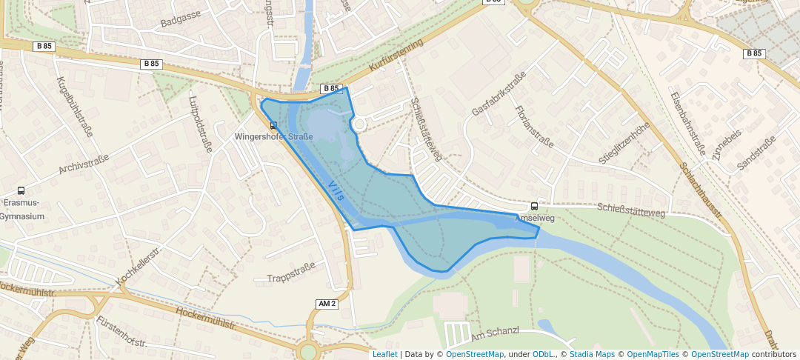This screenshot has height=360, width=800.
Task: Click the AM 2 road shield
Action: pos(327,304)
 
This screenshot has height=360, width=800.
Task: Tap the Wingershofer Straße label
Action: pos(273,136)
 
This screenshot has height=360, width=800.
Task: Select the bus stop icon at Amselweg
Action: pos(534,207)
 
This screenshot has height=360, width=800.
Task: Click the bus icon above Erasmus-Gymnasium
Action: pos(21,190)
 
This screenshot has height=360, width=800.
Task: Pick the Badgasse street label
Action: pos(181,19)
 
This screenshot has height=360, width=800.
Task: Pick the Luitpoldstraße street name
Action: pos(201,123)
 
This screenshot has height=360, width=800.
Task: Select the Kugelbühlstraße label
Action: pos(74,106)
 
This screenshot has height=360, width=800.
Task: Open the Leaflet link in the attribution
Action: pos(384,354)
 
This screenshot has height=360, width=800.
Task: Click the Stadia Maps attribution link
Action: pos(590,354)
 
